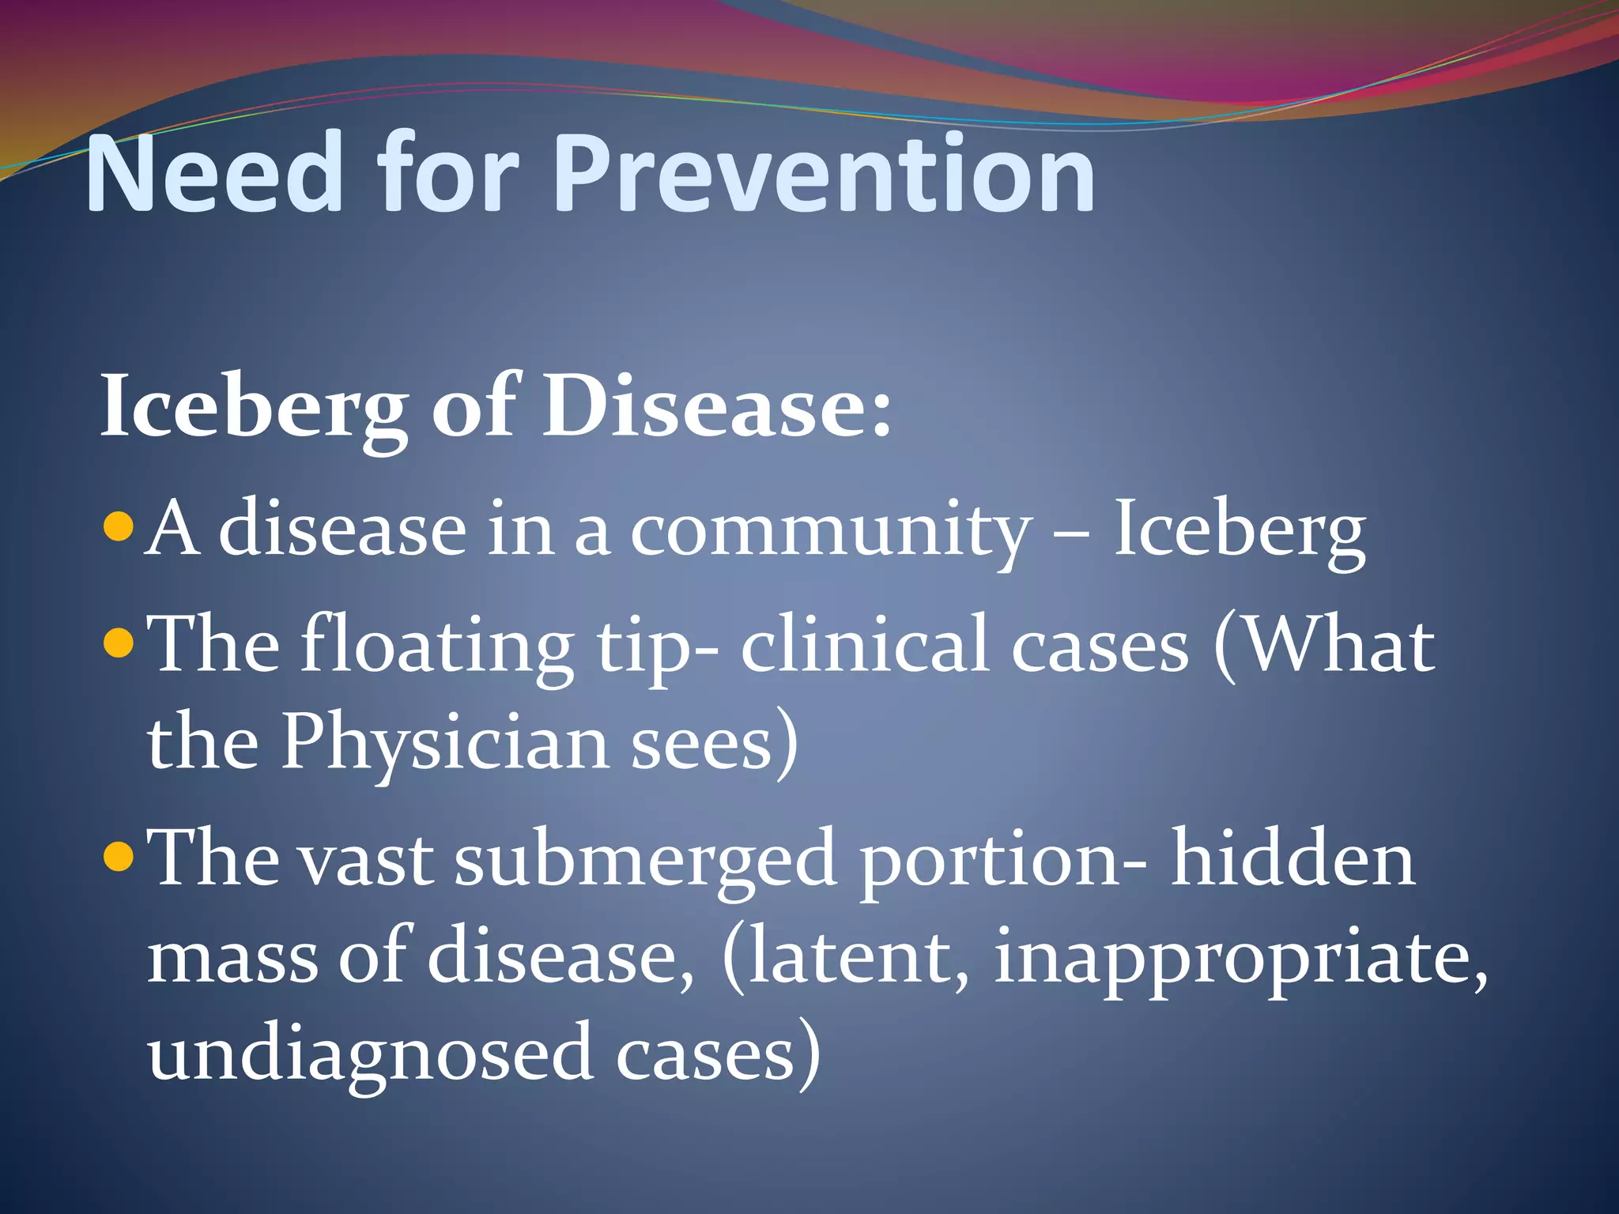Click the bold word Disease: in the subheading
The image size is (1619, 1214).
coord(716,406)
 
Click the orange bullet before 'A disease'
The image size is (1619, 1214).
coord(119,526)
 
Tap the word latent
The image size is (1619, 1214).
coord(846,958)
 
